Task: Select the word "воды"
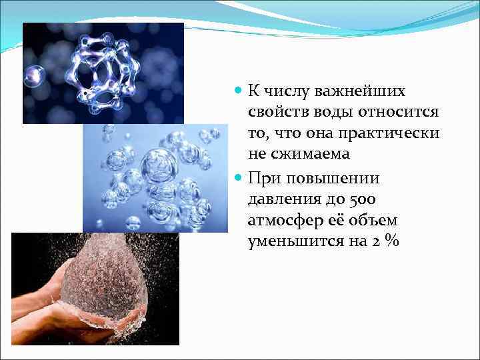328,111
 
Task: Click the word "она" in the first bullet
327,133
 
